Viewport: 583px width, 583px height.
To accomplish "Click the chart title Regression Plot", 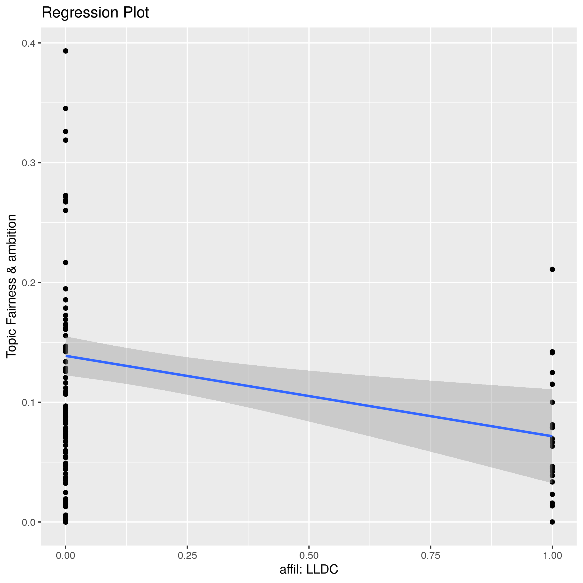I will [95, 13].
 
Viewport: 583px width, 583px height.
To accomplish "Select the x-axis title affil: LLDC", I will [309, 569].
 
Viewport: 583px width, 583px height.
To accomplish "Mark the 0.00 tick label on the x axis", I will [66, 556].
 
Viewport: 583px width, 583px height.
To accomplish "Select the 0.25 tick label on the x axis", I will [187, 556].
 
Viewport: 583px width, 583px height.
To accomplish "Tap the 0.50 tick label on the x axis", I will [309, 556].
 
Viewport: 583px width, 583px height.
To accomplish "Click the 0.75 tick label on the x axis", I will [430, 556].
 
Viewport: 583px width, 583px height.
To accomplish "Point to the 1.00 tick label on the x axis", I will [552, 556].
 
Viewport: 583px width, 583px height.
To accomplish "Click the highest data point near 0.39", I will [66, 51].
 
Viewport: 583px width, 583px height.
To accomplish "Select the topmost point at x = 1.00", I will [552, 270].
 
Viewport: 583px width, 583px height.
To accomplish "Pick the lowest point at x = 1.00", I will [552, 522].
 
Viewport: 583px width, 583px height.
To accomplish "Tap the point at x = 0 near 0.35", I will [66, 109].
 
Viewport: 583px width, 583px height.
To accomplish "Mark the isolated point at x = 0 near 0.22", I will [66, 263].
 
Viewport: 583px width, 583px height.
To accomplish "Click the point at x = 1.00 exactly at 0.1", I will [552, 402].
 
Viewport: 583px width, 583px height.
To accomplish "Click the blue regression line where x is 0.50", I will [309, 396].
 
